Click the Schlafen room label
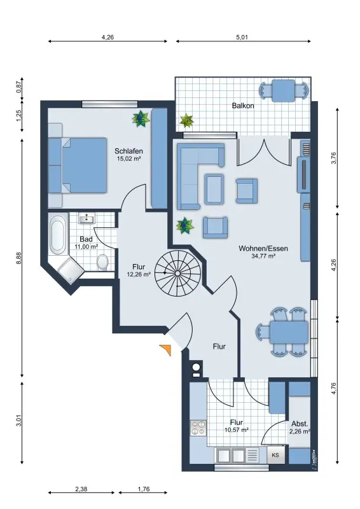(x=128, y=151)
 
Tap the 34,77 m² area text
(x=263, y=256)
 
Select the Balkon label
(x=243, y=106)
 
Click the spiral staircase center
(x=177, y=274)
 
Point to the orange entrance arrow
(x=167, y=349)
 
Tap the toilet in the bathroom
(x=103, y=262)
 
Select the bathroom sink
(x=87, y=218)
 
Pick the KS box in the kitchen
(x=275, y=455)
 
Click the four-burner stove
(x=198, y=428)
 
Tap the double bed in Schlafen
(x=78, y=165)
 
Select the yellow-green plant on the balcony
(x=187, y=120)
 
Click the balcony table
(x=284, y=91)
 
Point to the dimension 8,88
(x=19, y=258)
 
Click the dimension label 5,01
(x=242, y=37)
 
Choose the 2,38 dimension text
(x=81, y=489)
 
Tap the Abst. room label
(x=300, y=424)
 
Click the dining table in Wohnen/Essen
(x=289, y=332)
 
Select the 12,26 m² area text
(x=139, y=274)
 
